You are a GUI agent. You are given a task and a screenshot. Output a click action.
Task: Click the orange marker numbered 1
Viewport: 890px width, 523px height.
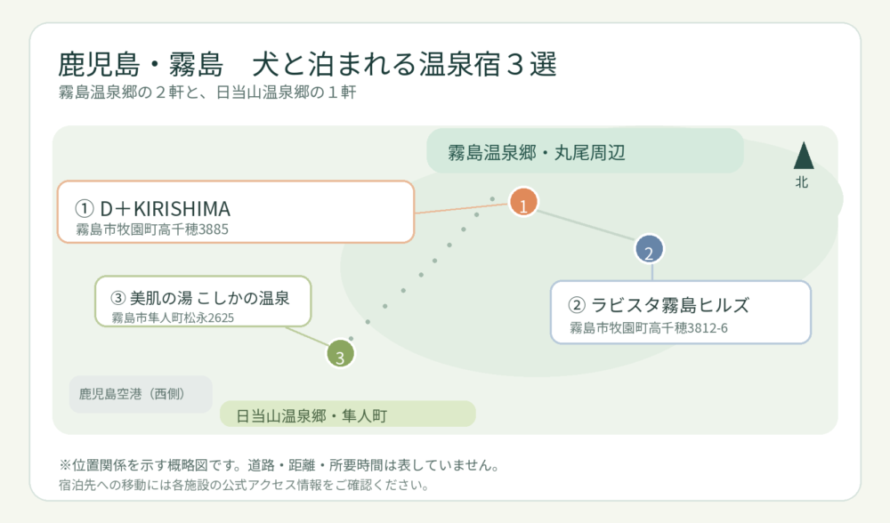523,203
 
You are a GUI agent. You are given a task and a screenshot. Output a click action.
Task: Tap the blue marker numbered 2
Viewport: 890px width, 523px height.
649,250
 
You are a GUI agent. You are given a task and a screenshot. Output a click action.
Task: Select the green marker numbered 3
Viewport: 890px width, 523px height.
340,354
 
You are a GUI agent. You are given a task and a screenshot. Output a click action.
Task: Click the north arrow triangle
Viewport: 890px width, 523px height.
803,155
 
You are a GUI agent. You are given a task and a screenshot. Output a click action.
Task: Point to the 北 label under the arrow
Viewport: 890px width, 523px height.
802,182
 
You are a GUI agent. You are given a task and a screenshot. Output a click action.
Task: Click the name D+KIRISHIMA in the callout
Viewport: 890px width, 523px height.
166,209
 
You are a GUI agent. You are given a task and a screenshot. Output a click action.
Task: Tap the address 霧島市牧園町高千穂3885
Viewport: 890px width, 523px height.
152,229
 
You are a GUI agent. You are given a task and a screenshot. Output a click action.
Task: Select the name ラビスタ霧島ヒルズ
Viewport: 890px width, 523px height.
670,305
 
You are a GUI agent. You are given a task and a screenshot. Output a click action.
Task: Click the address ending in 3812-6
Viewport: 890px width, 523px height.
648,328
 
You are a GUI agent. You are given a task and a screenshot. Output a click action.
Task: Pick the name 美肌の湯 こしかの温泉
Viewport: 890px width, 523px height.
209,298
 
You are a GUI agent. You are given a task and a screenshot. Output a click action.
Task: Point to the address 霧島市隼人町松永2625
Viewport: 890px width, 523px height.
173,318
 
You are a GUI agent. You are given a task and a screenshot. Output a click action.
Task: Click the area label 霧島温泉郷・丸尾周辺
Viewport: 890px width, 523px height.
537,153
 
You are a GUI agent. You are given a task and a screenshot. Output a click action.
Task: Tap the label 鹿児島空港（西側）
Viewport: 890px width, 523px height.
132,394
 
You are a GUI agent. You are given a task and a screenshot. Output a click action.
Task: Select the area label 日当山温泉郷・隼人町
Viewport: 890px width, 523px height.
311,415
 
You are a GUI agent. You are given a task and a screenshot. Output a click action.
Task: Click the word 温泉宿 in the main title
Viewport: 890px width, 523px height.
460,64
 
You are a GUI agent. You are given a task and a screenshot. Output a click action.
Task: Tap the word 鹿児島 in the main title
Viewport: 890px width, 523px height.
99,64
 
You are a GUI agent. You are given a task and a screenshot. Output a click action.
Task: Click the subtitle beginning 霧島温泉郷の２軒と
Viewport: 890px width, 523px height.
207,93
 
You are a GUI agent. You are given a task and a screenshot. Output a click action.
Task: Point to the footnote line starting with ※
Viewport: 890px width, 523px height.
279,466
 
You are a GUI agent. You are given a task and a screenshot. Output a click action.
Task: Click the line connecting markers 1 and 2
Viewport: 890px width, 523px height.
586,226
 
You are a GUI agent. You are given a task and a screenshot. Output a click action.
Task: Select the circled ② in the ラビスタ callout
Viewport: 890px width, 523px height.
577,305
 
